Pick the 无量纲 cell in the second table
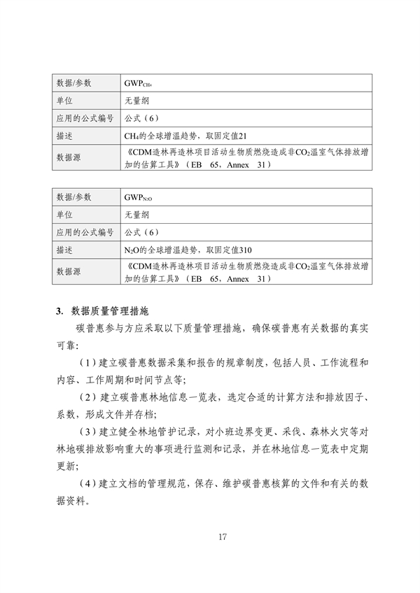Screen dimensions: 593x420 point(136,215)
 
